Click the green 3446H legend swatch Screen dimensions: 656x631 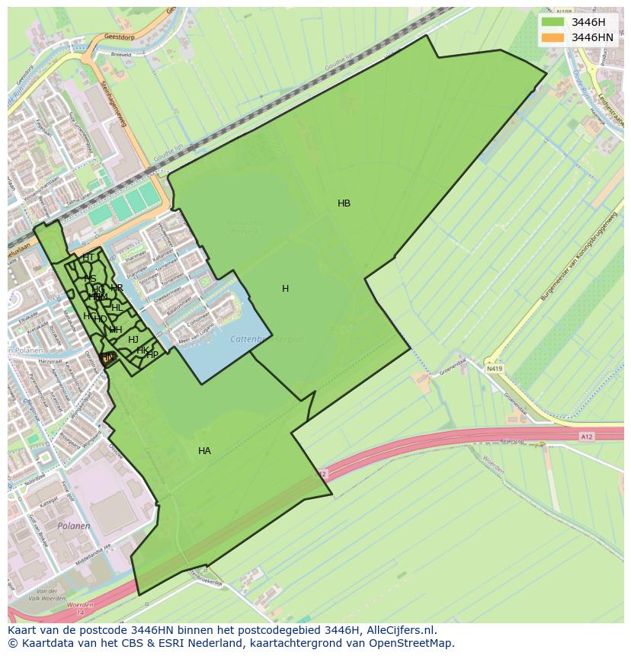[553, 22]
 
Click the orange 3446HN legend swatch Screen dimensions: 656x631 [553, 37]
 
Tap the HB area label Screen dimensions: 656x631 [344, 203]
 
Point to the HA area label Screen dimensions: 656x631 [204, 451]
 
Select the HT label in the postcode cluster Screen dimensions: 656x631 [88, 258]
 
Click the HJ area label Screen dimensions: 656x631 [133, 340]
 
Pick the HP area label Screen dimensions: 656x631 [152, 355]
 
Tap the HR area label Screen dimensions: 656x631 [117, 288]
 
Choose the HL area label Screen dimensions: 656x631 [117, 307]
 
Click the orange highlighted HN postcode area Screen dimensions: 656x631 [107, 357]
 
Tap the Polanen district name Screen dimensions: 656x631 [74, 526]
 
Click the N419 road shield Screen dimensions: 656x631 [495, 368]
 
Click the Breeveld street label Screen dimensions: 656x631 [122, 54]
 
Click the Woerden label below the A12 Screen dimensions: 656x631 [493, 466]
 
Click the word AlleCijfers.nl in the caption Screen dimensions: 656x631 [399, 630]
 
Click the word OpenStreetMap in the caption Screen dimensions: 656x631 [412, 643]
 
